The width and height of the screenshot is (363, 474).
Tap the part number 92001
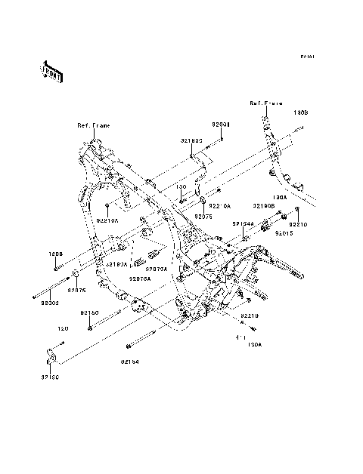tap(221, 122)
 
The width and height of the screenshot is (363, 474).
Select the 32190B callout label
tap(263, 205)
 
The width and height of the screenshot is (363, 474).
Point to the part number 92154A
tap(242, 223)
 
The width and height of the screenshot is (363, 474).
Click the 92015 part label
tap(285, 235)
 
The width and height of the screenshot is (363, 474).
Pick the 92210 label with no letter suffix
tap(299, 224)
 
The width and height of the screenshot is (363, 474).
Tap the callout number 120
tap(64, 328)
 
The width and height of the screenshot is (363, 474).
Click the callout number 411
tap(244, 337)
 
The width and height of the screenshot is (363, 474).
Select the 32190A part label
tap(116, 264)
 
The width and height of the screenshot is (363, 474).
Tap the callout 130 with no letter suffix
tap(181, 186)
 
